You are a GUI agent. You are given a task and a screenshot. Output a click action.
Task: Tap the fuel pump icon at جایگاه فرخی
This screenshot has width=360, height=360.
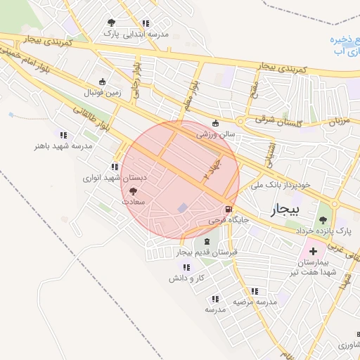pyautogui.click(x=228, y=210)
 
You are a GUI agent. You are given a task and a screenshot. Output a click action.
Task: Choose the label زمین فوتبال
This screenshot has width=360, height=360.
pyautogui.click(x=103, y=92)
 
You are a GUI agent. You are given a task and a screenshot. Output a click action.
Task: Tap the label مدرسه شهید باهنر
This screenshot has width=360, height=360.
pyautogui.click(x=63, y=146)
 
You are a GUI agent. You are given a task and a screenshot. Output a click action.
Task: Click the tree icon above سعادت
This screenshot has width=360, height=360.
pyautogui.click(x=134, y=191)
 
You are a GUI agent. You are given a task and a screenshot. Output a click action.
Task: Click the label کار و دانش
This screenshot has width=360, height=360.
pyautogui.click(x=186, y=278)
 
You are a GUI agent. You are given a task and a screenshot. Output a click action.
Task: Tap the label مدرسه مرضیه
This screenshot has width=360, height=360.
pyautogui.click(x=255, y=302)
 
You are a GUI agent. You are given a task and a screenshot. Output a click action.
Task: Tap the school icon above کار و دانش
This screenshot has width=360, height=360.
pyautogui.click(x=186, y=267)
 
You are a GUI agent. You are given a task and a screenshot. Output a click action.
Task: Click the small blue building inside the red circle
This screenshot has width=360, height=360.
pyautogui.click(x=183, y=208)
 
